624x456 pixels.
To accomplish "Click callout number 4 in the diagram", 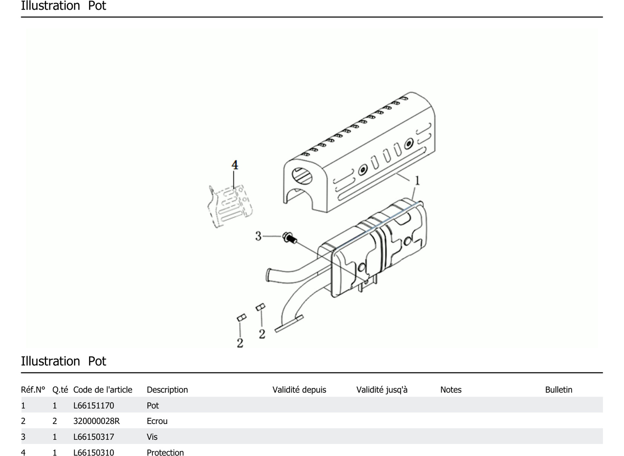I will pyautogui.click(x=234, y=165).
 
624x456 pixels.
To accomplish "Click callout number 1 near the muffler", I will pyautogui.click(x=417, y=181).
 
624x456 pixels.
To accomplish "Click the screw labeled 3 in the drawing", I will pyautogui.click(x=290, y=238).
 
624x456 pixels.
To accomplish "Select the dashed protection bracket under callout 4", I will pyautogui.click(x=230, y=206).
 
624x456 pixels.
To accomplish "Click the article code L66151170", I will pyautogui.click(x=94, y=405).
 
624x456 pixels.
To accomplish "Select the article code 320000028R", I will pyautogui.click(x=96, y=421).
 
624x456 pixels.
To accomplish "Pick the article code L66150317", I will pyautogui.click(x=94, y=437).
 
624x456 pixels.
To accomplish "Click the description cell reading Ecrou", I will pyautogui.click(x=157, y=421).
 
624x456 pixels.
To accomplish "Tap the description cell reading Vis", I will pyautogui.click(x=152, y=437).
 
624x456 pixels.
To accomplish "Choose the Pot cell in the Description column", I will pyautogui.click(x=153, y=405).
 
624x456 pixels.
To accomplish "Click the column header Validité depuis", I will pyautogui.click(x=299, y=390).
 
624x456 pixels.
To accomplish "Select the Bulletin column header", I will pyautogui.click(x=559, y=390).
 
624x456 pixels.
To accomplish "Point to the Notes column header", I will pyautogui.click(x=451, y=390).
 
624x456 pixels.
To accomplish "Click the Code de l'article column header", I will pyautogui.click(x=103, y=390).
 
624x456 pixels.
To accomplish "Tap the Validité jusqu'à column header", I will pyautogui.click(x=382, y=390).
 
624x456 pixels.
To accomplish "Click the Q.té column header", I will pyautogui.click(x=60, y=390).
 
